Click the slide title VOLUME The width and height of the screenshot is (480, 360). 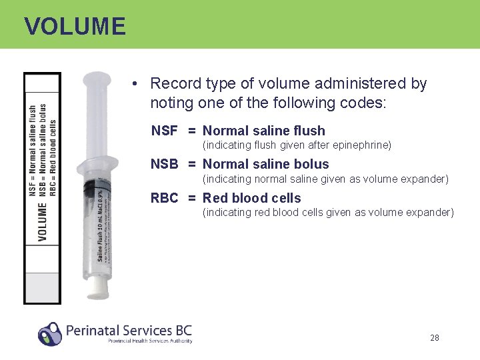[x=75, y=27]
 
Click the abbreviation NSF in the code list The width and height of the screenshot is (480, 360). [x=164, y=131]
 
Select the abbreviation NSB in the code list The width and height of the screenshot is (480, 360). [x=164, y=165]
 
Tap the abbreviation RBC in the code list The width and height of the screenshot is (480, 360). [x=165, y=199]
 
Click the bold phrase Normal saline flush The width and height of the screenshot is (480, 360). [x=264, y=131]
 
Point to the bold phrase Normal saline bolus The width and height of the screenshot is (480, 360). [x=266, y=165]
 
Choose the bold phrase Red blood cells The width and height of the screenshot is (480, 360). [x=252, y=199]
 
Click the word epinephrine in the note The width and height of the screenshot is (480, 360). [x=365, y=145]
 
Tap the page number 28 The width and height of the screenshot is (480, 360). [x=435, y=338]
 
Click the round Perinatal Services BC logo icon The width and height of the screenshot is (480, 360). [x=49, y=333]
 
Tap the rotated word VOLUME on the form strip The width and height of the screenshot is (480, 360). [x=43, y=223]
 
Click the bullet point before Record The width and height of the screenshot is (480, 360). [x=135, y=84]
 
